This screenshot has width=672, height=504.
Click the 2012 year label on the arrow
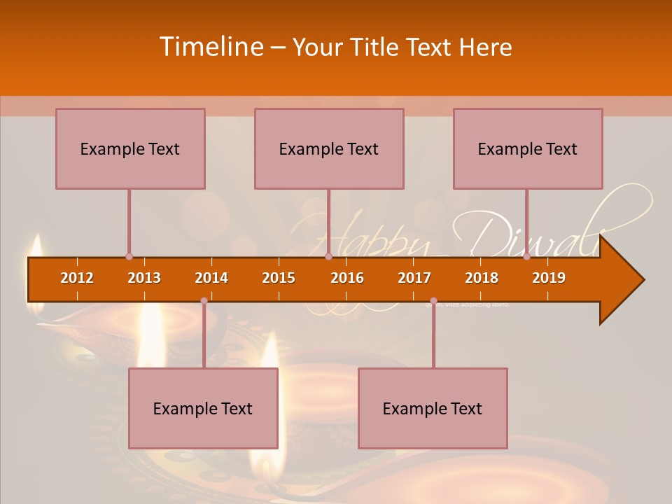point(77,278)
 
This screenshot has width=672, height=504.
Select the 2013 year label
point(144,278)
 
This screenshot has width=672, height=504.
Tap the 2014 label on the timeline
point(211,278)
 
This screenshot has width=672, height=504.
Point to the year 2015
point(279,278)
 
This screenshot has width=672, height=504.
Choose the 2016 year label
point(347,278)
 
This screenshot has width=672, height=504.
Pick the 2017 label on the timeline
point(414,278)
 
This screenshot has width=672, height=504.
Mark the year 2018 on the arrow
point(482,278)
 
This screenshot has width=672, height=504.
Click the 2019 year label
point(549,278)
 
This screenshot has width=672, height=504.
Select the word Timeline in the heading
point(210,47)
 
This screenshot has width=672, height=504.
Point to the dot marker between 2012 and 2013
point(129,257)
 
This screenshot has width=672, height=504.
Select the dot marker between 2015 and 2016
point(328,257)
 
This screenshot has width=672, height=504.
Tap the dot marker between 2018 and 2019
point(526,257)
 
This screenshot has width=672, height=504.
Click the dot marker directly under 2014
point(204,301)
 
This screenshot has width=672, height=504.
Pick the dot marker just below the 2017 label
point(433,301)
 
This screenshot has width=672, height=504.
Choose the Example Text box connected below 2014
point(203,408)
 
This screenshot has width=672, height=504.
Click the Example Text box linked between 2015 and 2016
point(329,148)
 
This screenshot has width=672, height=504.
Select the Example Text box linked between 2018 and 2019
point(528,148)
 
